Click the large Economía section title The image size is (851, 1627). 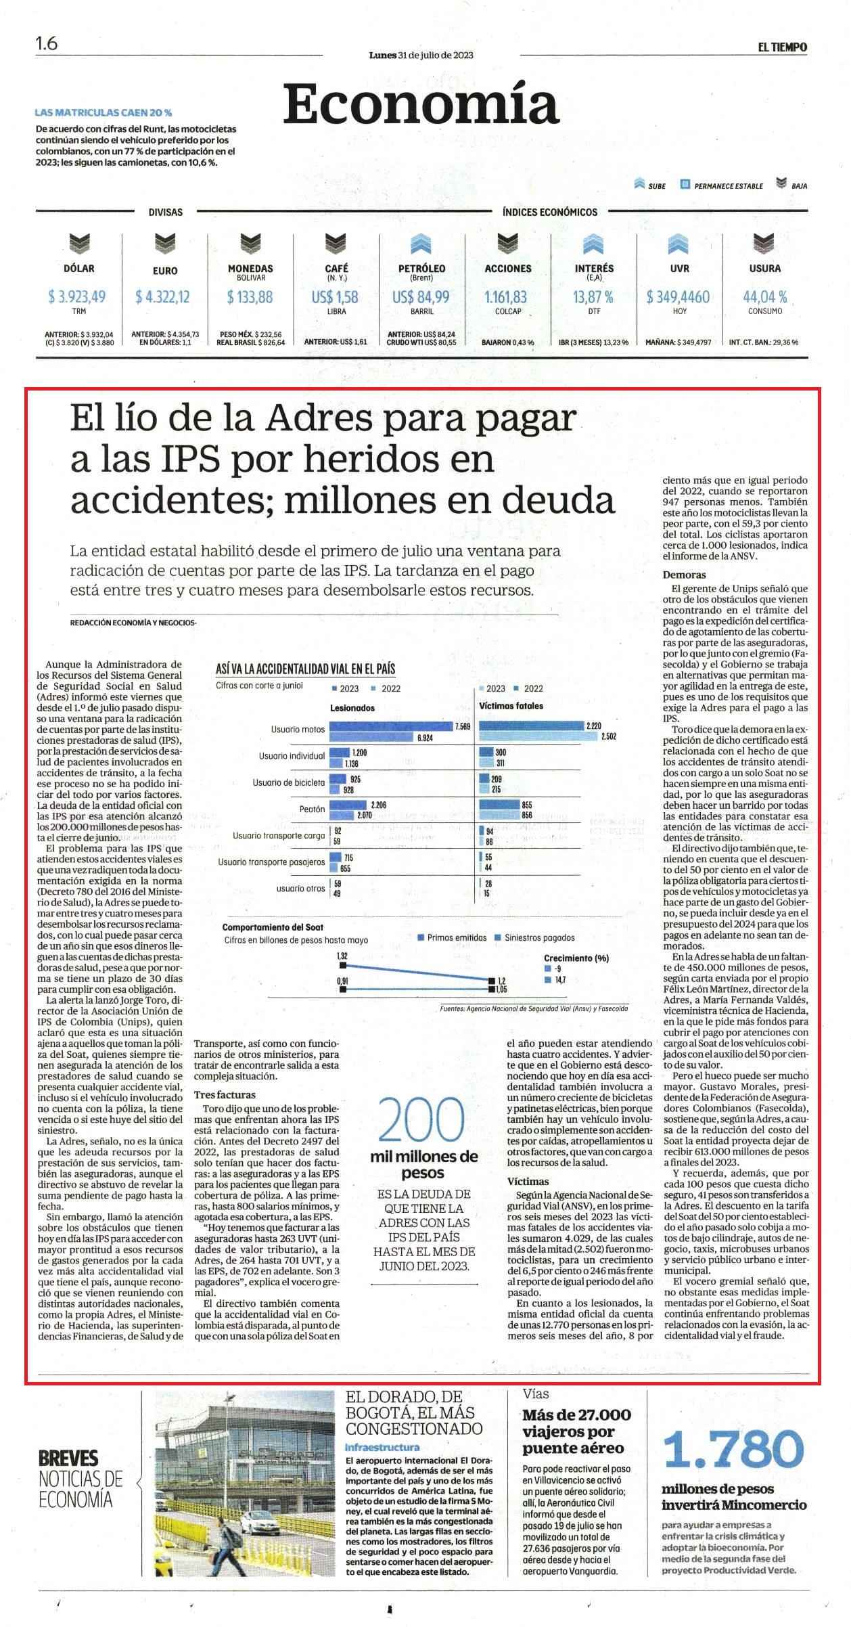tap(421, 105)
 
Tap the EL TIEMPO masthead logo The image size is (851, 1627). tap(782, 47)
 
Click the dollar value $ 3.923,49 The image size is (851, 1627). tap(77, 296)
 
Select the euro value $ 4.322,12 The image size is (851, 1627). tap(162, 296)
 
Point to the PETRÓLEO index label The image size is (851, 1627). tap(421, 268)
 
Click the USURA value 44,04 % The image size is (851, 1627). tap(765, 296)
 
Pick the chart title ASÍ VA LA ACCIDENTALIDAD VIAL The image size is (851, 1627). tap(305, 669)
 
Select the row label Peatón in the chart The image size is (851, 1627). tap(312, 809)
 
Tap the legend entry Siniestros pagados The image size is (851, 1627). tap(535, 937)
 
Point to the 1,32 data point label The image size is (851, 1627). tap(342, 956)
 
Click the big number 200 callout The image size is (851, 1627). tap(421, 1120)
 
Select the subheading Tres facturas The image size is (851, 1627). tap(225, 1094)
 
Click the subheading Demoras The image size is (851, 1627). tap(684, 575)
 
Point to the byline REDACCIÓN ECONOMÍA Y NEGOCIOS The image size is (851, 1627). tap(133, 622)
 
